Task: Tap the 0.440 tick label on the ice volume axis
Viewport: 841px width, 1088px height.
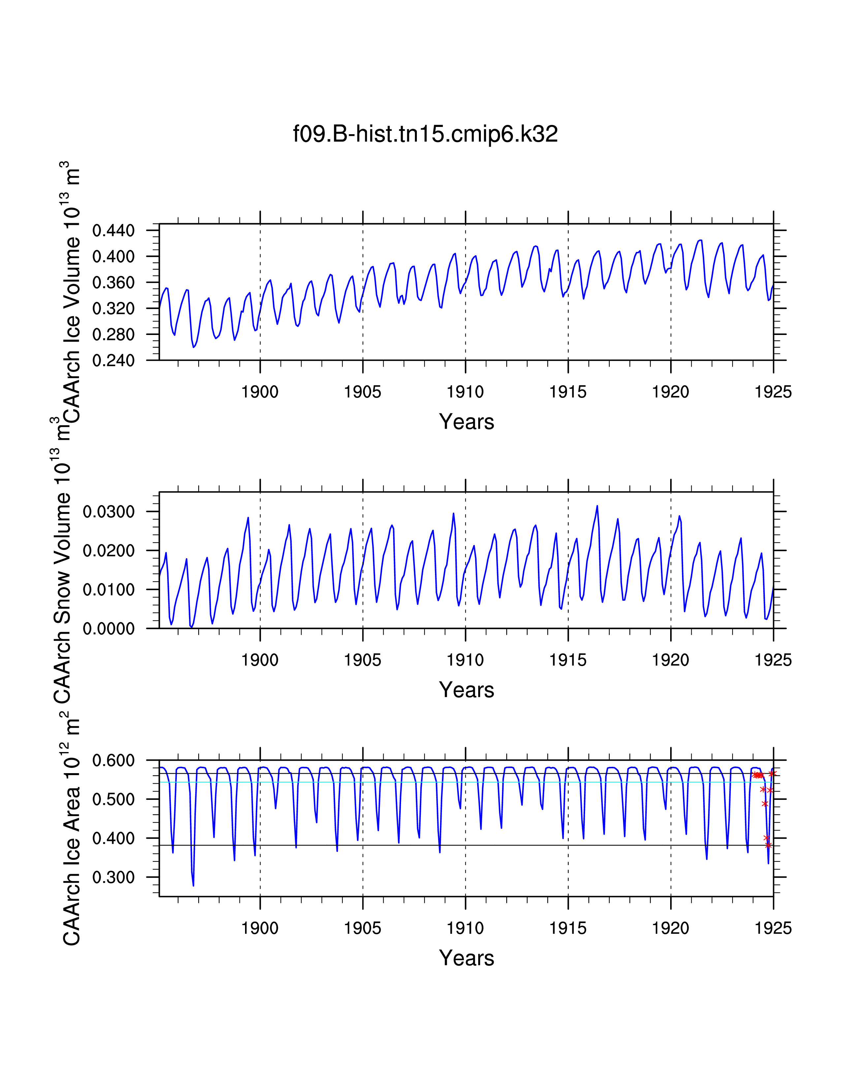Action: tap(113, 231)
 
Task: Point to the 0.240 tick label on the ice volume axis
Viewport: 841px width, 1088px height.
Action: tap(113, 360)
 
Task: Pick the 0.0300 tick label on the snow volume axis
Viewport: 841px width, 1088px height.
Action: tap(109, 512)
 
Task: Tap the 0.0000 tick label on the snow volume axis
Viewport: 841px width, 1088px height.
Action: tap(109, 629)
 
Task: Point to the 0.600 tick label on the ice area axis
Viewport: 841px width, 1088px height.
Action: tap(113, 760)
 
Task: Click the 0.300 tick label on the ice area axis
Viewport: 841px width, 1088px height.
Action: tap(113, 877)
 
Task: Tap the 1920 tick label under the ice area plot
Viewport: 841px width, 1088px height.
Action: tap(670, 928)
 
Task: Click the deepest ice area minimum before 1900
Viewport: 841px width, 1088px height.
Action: tap(193, 885)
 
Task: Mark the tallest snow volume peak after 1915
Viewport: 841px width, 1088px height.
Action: tap(597, 506)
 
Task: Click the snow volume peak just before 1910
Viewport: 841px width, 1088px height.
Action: tap(453, 514)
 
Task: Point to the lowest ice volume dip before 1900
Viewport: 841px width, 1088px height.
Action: tap(193, 347)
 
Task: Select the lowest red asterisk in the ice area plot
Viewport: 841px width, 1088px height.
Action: tap(768, 845)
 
